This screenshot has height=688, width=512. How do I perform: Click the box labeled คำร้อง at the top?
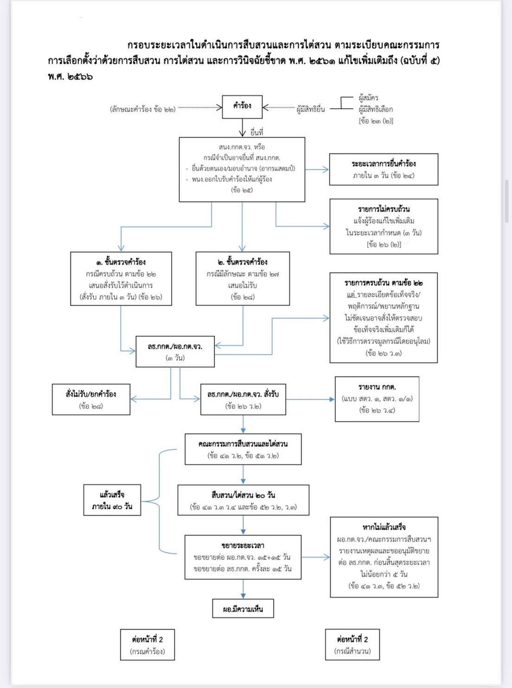[x=242, y=107]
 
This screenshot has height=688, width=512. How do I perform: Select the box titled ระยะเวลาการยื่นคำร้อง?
[x=384, y=169]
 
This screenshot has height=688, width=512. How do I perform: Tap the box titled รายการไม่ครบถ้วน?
[x=384, y=226]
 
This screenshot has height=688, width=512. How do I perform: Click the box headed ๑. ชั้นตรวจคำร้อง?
[x=121, y=279]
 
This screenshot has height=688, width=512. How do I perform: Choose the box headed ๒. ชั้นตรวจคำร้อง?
[x=243, y=279]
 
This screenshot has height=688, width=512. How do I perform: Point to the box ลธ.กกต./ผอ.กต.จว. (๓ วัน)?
[x=175, y=351]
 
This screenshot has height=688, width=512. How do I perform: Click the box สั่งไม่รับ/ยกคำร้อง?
[x=91, y=399]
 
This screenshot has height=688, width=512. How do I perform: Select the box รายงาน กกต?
[x=377, y=399]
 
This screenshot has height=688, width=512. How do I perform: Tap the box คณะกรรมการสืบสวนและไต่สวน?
[x=243, y=449]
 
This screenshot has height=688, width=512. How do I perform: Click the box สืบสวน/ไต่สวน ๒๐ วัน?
[x=243, y=500]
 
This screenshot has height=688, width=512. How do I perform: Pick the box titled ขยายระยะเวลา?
[x=243, y=557]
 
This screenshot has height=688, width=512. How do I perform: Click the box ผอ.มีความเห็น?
[x=243, y=609]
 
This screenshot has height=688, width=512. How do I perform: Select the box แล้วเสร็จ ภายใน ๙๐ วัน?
[x=112, y=500]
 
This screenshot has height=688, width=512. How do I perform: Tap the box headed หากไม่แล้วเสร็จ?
[x=384, y=557]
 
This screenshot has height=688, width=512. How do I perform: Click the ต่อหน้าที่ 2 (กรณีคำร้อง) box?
[x=147, y=644]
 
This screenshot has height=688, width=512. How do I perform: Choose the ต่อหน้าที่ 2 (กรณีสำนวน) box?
[x=352, y=644]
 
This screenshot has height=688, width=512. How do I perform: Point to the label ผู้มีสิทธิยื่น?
[x=311, y=109]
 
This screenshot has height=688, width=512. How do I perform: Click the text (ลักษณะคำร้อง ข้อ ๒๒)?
[x=143, y=109]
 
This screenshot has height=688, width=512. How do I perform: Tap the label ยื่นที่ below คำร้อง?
[x=256, y=133]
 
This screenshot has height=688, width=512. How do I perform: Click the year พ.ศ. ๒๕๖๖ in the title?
[x=70, y=76]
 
